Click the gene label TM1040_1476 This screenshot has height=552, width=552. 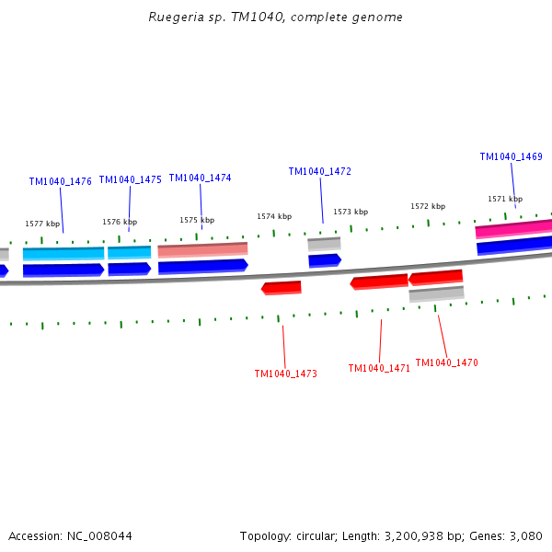[x=60, y=181]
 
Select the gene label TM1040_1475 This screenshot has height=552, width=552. [x=130, y=179]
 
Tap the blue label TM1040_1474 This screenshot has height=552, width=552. [x=200, y=178]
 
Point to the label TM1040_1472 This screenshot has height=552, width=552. [x=319, y=171]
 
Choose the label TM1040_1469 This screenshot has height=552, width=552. [x=511, y=156]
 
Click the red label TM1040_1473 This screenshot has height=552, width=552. [x=285, y=374]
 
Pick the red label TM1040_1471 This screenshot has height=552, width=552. [x=379, y=368]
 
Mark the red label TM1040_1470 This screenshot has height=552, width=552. [x=446, y=362]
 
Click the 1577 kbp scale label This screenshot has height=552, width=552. [x=42, y=224]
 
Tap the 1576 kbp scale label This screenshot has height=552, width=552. [x=120, y=222]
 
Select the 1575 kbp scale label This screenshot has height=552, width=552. [x=197, y=220]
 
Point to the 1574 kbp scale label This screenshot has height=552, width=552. [x=274, y=216]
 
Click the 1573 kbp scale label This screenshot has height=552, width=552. [x=351, y=212]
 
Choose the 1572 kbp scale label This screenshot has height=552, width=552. [x=428, y=206]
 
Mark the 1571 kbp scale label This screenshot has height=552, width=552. [x=505, y=199]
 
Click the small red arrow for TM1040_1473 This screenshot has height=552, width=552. [x=282, y=288]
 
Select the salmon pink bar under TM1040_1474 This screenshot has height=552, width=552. [x=202, y=249]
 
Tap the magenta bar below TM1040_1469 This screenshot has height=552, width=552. [x=513, y=227]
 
